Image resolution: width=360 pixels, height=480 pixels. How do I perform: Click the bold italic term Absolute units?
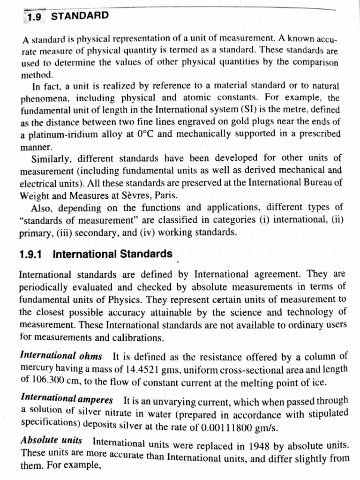(52, 441)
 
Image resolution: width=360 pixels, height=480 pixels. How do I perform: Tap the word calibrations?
(138, 337)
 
